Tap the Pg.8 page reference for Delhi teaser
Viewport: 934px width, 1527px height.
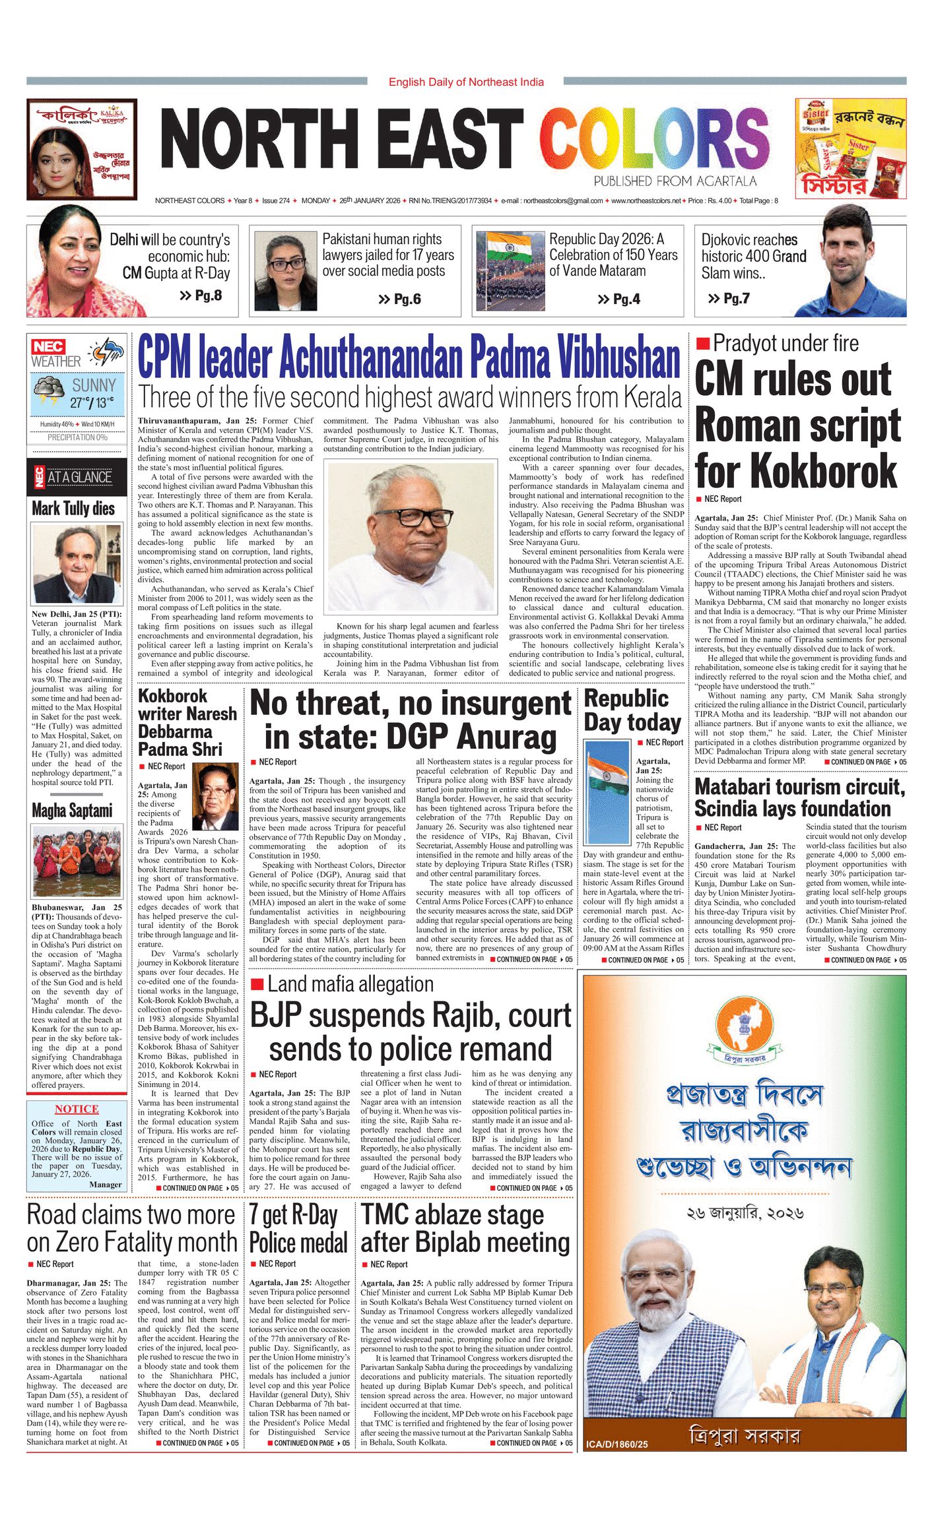click(201, 296)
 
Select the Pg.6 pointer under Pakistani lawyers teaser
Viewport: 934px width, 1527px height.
click(400, 299)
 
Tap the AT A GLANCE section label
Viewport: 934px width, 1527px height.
click(79, 478)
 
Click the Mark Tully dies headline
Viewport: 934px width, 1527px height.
click(73, 509)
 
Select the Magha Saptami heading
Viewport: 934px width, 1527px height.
click(72, 811)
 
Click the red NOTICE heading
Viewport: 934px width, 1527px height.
click(77, 1109)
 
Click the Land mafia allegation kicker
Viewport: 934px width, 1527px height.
click(350, 985)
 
